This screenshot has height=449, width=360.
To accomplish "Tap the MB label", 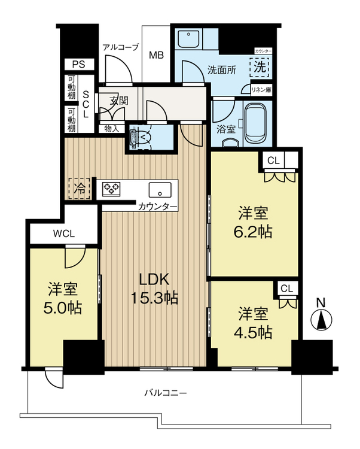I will coord(156,55).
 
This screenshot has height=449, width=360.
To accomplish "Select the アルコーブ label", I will coord(121,47).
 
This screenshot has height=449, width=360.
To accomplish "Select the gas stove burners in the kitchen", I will coord(111,189).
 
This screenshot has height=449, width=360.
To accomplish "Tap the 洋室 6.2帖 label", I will coord(253,222).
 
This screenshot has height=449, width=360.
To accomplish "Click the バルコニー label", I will coord(166,393).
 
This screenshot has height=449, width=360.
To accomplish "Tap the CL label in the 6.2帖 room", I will coord(273,160).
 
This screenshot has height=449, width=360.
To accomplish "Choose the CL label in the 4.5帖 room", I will coord(286,289).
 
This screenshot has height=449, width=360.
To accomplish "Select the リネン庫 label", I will coord(260,90).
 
